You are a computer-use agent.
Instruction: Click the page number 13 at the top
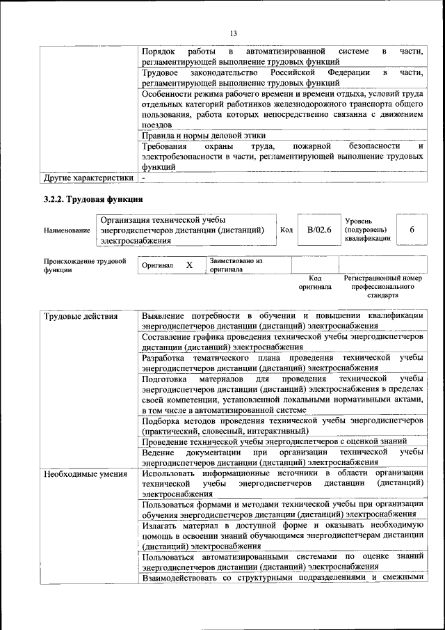(x=233, y=33)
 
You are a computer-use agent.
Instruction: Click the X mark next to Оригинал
(x=189, y=265)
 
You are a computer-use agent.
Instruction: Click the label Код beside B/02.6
(x=286, y=230)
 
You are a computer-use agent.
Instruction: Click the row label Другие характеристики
(x=88, y=178)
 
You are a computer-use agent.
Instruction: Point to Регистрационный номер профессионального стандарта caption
(x=383, y=286)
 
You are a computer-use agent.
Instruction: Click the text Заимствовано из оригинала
(x=235, y=265)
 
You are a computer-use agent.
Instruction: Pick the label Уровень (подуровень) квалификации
(x=366, y=229)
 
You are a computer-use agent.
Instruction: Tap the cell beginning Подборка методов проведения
(x=282, y=426)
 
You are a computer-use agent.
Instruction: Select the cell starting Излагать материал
(x=282, y=535)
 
